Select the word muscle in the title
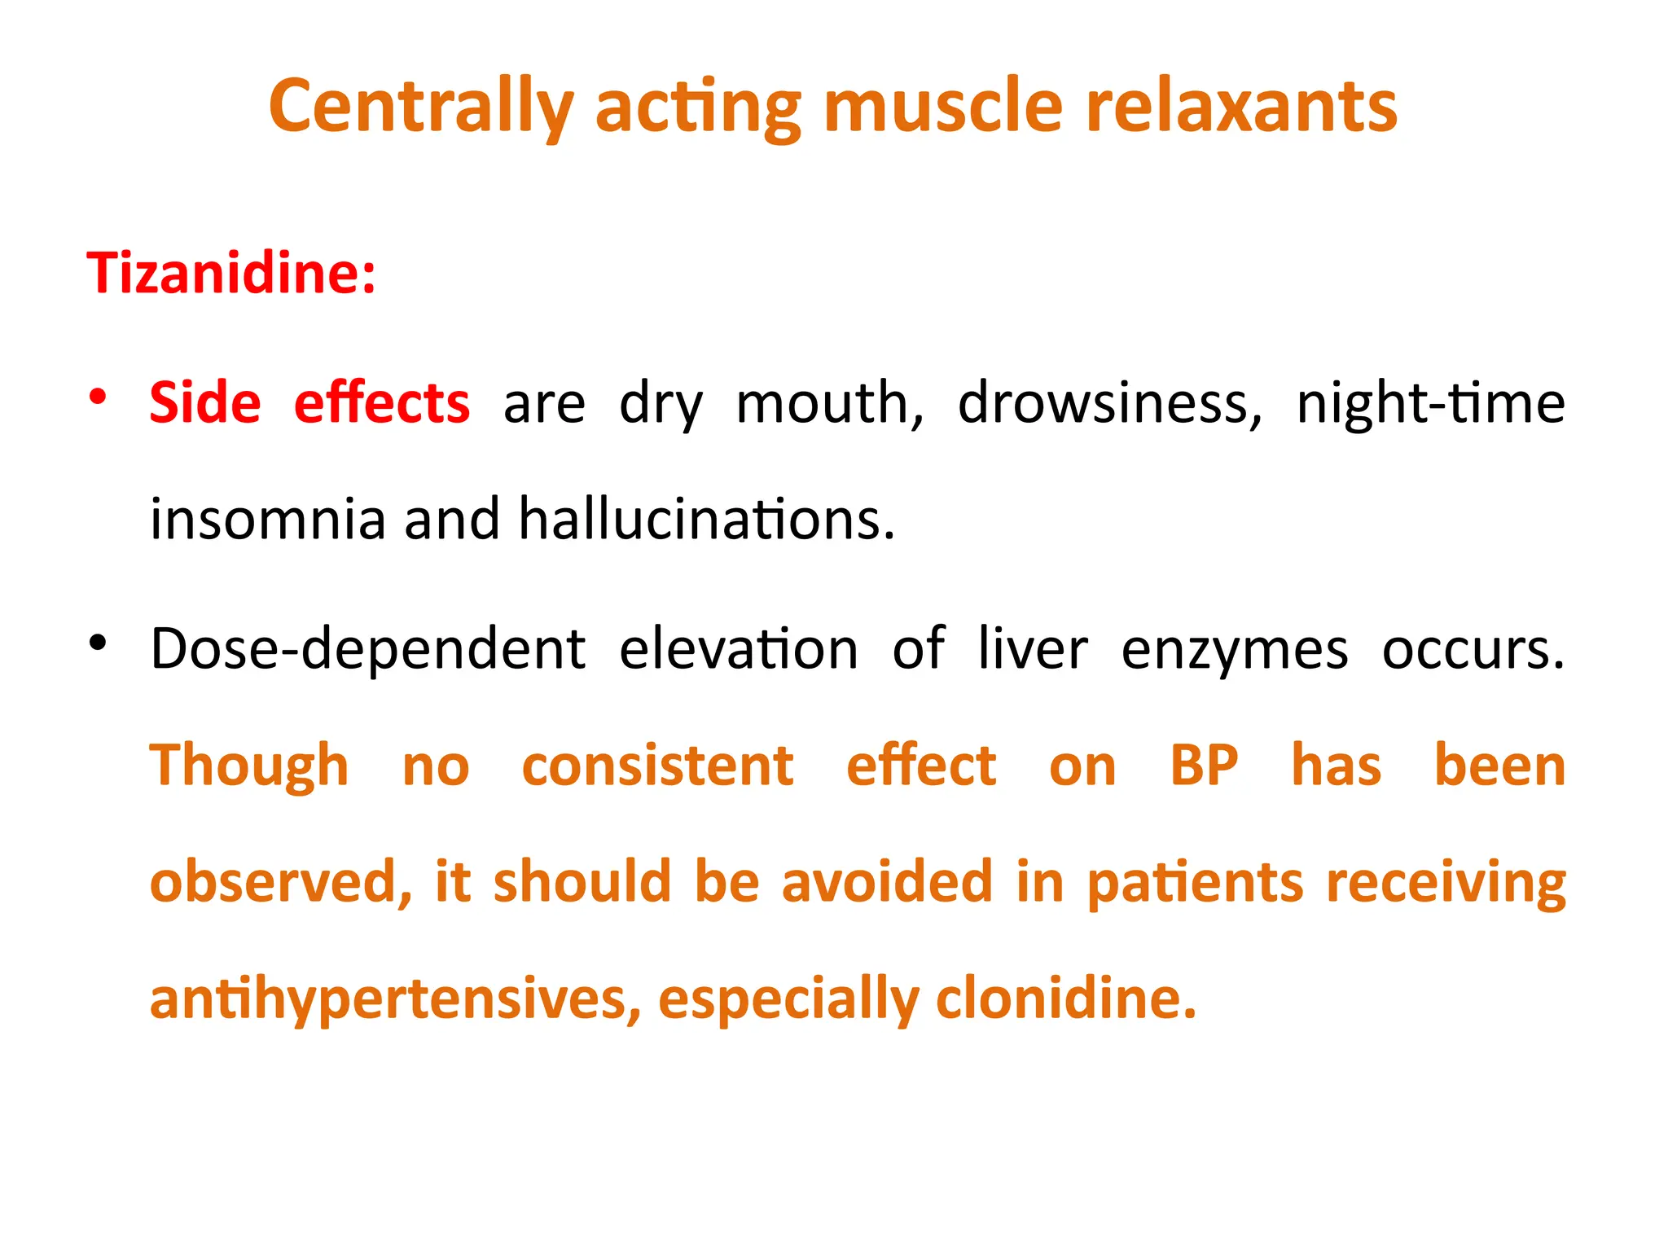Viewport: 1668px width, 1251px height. click(943, 108)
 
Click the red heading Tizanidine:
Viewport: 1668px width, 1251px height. click(231, 273)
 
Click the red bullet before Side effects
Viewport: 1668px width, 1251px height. click(99, 397)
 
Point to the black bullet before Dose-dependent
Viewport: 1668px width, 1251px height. click(99, 643)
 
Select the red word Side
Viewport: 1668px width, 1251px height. click(205, 403)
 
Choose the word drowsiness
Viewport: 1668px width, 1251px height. click(1109, 403)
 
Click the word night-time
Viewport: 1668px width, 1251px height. click(1430, 403)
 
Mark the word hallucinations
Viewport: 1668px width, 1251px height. click(707, 520)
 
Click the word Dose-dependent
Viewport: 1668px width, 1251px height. click(368, 650)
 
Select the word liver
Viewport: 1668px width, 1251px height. click(1032, 650)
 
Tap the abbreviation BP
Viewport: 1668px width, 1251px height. click(1204, 766)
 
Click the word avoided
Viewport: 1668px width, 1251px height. click(888, 882)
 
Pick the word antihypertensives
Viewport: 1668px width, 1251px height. click(396, 1000)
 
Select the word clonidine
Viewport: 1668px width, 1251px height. click(1066, 999)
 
